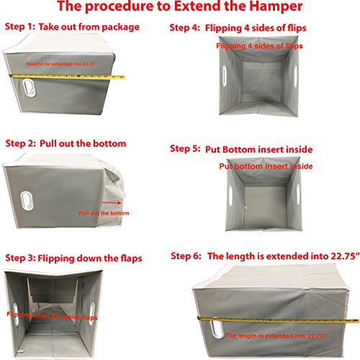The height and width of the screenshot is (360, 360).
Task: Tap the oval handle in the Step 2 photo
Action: pos(29,197)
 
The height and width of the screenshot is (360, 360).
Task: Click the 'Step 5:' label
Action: pos(186,149)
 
